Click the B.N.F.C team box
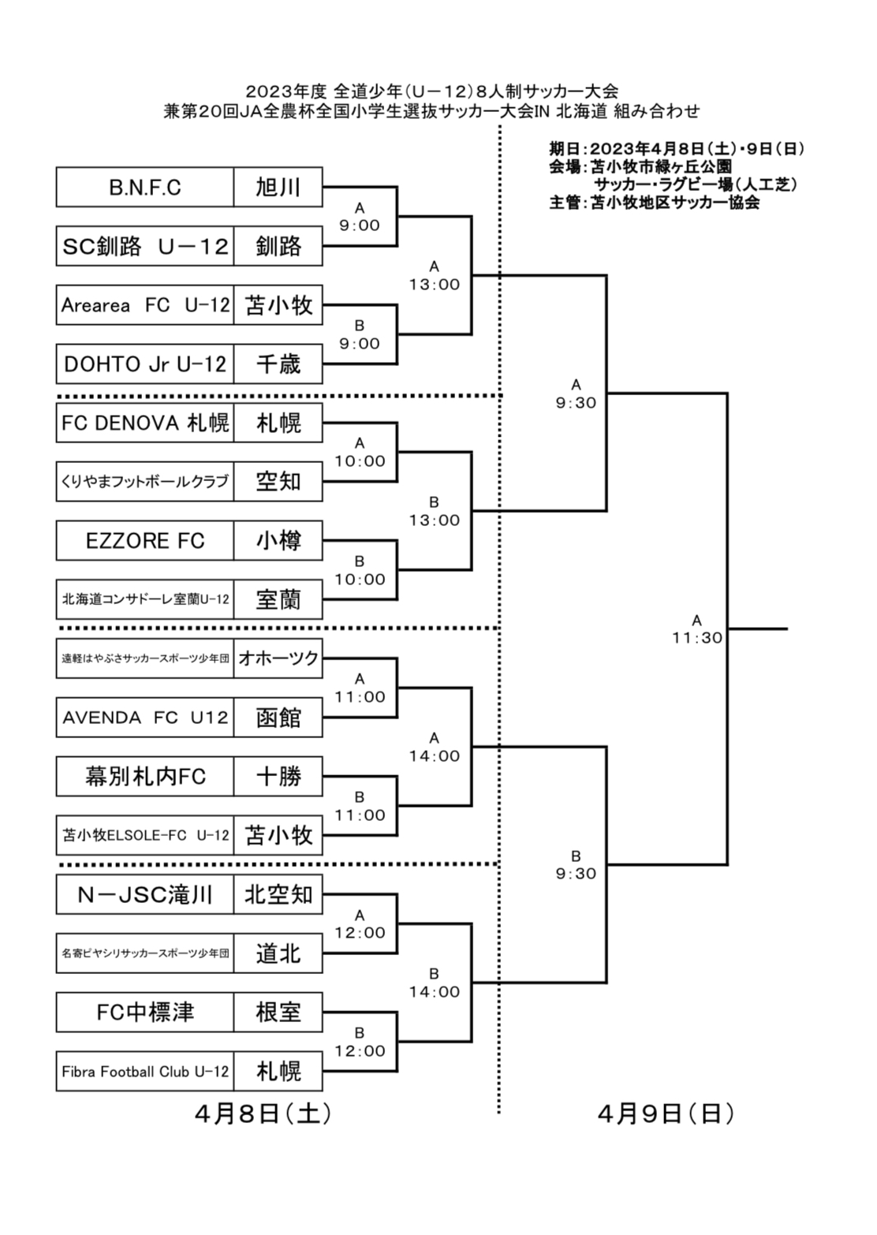tap(145, 188)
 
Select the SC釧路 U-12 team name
tap(145, 247)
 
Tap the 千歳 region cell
tap(278, 364)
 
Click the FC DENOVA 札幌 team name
tap(145, 423)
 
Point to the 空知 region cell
tap(278, 482)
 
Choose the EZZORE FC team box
tap(145, 541)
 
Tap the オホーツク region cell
tap(278, 659)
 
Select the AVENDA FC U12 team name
tap(145, 718)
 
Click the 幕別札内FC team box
tap(145, 777)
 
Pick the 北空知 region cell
tap(278, 894)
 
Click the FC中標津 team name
tap(145, 1013)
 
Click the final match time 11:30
tap(697, 638)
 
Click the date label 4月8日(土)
tap(263, 1114)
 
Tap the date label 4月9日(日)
tap(666, 1114)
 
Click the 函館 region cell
tap(278, 718)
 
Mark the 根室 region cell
tap(278, 1013)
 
